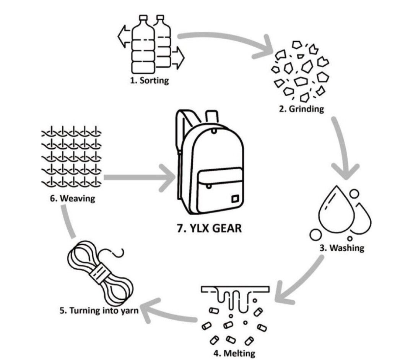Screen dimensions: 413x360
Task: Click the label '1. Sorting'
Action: [x=150, y=80]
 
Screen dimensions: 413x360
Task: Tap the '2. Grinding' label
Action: [x=302, y=109]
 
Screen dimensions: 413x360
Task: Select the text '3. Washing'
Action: [x=342, y=248]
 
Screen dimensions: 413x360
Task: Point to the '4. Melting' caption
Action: [x=234, y=353]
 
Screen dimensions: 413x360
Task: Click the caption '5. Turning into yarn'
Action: [x=99, y=311]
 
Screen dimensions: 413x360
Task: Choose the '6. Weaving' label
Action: [x=72, y=198]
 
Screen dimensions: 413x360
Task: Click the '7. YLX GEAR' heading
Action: [x=210, y=228]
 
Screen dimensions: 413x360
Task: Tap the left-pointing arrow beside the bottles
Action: [x=124, y=36]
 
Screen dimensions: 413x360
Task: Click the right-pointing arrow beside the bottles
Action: [x=178, y=58]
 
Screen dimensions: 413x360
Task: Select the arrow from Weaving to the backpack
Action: [x=139, y=178]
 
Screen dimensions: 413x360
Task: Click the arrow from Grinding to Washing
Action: [x=341, y=148]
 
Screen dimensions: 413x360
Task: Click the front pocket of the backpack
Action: [x=220, y=190]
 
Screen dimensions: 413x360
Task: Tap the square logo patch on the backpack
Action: [x=234, y=199]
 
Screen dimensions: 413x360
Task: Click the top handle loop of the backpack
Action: [x=212, y=117]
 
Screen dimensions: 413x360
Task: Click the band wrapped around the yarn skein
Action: [x=100, y=274]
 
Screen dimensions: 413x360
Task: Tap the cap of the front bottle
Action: [x=143, y=18]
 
